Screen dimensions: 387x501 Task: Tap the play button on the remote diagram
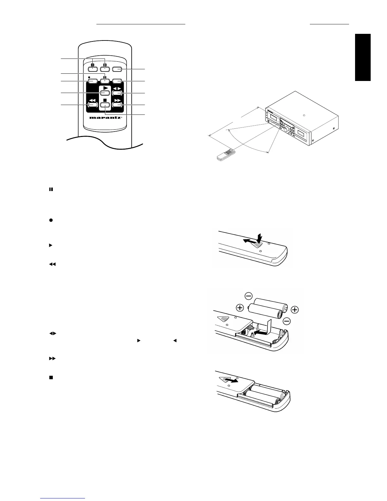[105, 93]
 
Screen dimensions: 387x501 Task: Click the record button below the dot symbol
[92, 81]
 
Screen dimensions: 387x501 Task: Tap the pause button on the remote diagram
[105, 81]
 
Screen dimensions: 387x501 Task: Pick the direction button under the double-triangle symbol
[117, 93]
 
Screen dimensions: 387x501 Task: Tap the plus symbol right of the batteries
[295, 310]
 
